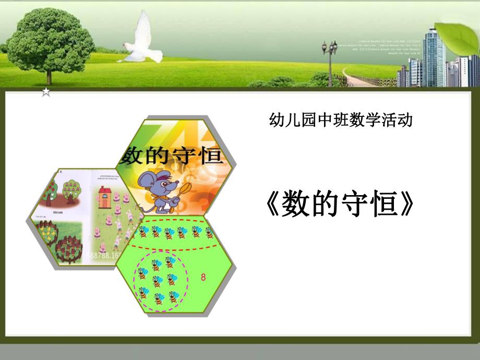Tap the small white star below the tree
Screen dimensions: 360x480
[x=46, y=92]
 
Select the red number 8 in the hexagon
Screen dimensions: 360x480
[x=203, y=278]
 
